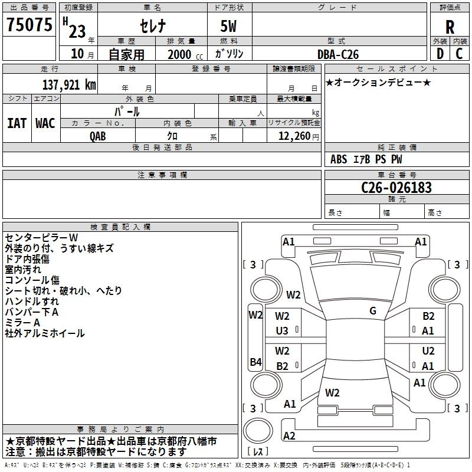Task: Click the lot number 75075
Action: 29,24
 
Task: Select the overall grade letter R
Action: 450,27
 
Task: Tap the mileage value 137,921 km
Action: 69,84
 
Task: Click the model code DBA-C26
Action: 338,54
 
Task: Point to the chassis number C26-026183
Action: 396,187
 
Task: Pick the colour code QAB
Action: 97,136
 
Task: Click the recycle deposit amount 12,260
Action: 294,136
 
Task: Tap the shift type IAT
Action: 17,123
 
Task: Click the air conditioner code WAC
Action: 45,123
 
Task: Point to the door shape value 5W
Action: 228,26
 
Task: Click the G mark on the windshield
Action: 373,311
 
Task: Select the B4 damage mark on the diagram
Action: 255,362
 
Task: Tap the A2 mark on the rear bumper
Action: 289,435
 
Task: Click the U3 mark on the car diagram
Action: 282,331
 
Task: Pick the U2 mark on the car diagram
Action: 428,350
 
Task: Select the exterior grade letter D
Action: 440,54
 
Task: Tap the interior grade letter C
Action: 459,54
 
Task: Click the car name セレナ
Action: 153,26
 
